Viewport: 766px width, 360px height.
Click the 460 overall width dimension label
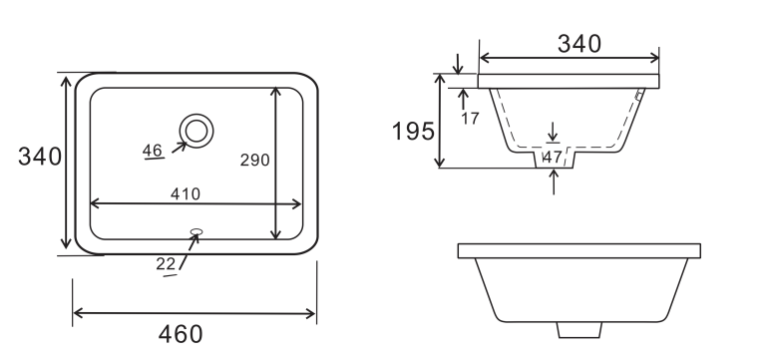coord(181,334)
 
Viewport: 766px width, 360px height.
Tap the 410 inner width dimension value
coord(186,194)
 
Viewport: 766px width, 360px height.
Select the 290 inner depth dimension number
coord(254,160)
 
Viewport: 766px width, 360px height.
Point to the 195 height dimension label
coord(413,131)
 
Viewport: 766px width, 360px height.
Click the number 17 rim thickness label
coord(470,119)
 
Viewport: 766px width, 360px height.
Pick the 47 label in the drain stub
coord(553,158)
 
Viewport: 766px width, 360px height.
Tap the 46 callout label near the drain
coord(153,151)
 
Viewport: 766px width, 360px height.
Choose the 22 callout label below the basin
coord(166,264)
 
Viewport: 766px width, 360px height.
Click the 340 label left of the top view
coord(40,157)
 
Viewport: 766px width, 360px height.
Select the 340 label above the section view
coord(579,44)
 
